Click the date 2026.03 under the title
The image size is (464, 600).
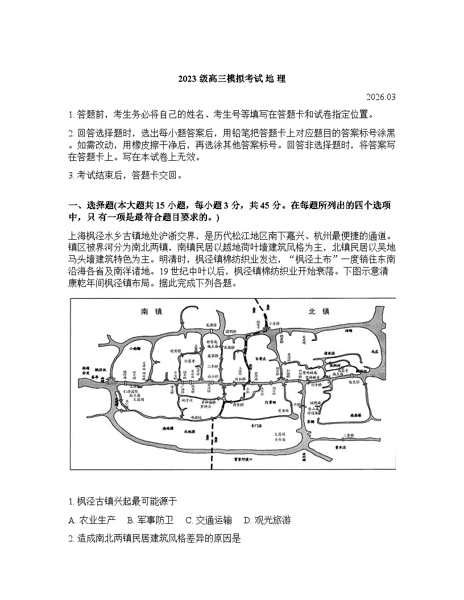click(381, 97)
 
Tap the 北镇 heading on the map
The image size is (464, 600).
click(319, 311)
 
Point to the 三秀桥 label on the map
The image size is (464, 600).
click(349, 435)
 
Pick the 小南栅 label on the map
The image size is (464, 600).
click(135, 348)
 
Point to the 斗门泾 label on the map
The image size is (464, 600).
click(257, 425)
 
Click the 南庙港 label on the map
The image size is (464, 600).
click(357, 416)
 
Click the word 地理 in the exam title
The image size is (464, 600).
click(276, 80)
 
